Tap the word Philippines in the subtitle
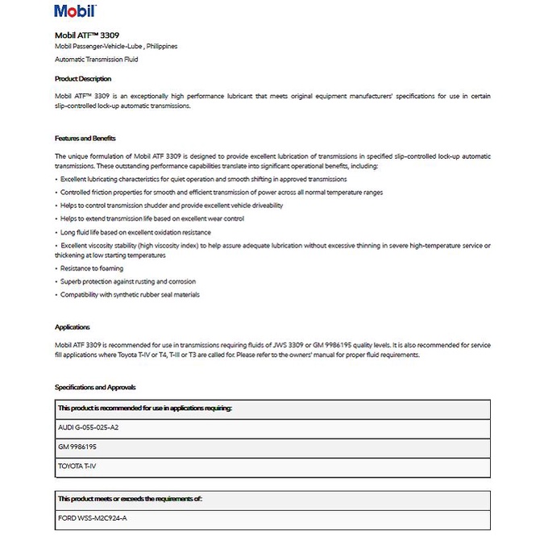159,47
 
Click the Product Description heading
83,79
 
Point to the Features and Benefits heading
85,139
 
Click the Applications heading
73,327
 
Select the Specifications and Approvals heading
95,388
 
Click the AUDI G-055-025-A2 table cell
89,427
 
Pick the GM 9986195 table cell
77,446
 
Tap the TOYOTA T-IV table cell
79,466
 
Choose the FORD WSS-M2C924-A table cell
93,518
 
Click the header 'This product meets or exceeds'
130,499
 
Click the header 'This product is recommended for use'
145,408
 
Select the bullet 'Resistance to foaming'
94,268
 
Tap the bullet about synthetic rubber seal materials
130,294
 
